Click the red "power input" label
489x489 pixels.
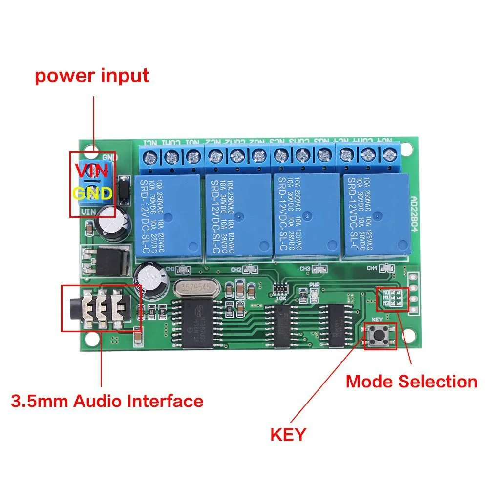(x=92, y=76)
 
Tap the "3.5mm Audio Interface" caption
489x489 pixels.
(x=107, y=402)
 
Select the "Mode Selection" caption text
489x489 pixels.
(x=411, y=382)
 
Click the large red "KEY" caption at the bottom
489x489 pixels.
(x=288, y=433)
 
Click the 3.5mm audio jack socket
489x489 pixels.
(x=100, y=308)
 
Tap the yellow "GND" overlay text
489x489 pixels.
(x=93, y=193)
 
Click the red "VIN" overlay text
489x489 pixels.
(x=92, y=171)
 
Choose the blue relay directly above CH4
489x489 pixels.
(x=377, y=215)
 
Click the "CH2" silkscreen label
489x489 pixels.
(x=236, y=269)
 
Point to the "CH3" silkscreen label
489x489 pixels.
(x=305, y=268)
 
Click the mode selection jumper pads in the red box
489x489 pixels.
(x=393, y=298)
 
